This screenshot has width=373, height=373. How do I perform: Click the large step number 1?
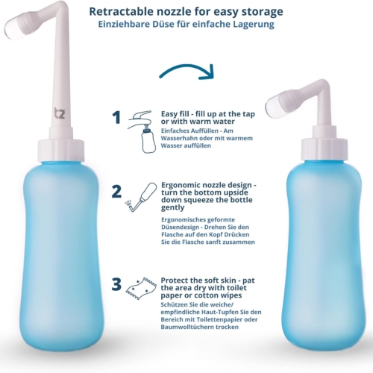pos(116,118)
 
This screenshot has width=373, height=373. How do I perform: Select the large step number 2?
pos(116,192)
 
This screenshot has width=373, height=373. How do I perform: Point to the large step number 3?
pos(116,284)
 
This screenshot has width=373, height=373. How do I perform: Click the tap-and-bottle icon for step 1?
pos(142,131)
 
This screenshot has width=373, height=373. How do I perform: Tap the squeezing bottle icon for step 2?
pos(141,197)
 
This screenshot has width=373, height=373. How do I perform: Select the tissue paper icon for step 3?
pos(141,289)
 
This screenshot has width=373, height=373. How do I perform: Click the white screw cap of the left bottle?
pos(61,150)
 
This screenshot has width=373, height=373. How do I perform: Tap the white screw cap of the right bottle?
pos(325,149)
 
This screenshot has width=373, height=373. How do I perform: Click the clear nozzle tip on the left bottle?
pos(10,30)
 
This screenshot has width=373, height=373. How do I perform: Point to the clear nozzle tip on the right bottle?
pos(272,107)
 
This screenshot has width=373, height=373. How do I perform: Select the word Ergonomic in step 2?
pos(180,186)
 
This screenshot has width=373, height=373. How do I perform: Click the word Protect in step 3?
pos(174,280)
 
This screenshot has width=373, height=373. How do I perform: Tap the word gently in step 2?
pos(172,208)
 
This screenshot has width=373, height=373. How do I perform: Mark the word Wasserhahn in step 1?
pos(177,138)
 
